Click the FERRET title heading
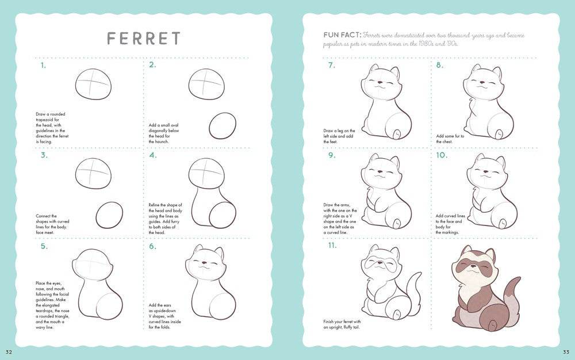pos(144,39)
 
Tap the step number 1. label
pos(43,65)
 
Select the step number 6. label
pos(152,246)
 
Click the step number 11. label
pos(332,246)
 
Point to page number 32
pos(9,352)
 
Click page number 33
pos(566,352)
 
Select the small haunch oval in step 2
pos(222,126)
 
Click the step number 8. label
pos(440,65)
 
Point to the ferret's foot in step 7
pos(396,134)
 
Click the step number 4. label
pos(152,155)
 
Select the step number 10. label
pos(442,155)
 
